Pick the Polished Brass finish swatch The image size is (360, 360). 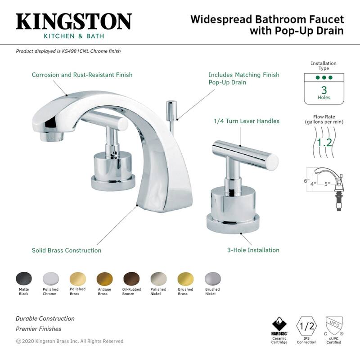(x=77, y=278)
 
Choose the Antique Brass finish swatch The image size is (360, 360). (x=104, y=278)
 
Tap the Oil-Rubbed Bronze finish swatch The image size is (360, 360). (x=131, y=278)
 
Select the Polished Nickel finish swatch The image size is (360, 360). (x=158, y=278)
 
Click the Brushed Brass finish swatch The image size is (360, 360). (x=185, y=278)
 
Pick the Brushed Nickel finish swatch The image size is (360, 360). (x=212, y=278)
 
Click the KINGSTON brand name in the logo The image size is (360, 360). (x=74, y=22)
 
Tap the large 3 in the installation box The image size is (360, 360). (x=324, y=90)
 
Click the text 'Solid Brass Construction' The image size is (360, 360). (x=66, y=250)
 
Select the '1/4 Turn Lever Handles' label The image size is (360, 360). (x=246, y=121)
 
